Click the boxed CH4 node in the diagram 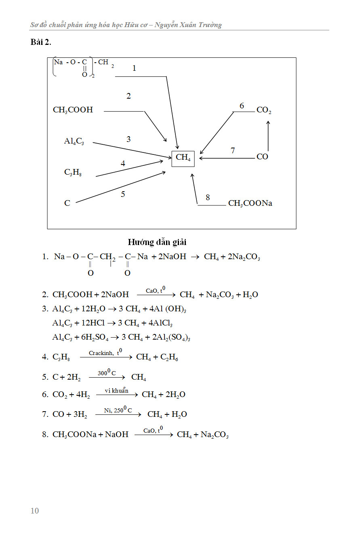[183, 158]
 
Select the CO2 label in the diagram [264, 110]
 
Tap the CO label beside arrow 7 [262, 157]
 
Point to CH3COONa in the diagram [250, 203]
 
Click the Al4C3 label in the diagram [74, 141]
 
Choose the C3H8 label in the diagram [73, 172]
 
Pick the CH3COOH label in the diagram [73, 110]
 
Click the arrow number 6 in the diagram [242, 106]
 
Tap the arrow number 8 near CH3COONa [208, 197]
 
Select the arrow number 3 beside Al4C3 [128, 139]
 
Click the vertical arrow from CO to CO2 [268, 135]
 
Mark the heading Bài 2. [40, 42]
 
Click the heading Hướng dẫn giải [157, 242]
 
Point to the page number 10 [35, 511]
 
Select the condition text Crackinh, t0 [105, 353]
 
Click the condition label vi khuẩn [116, 390]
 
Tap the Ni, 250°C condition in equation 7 [118, 410]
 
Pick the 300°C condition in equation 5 [107, 373]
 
